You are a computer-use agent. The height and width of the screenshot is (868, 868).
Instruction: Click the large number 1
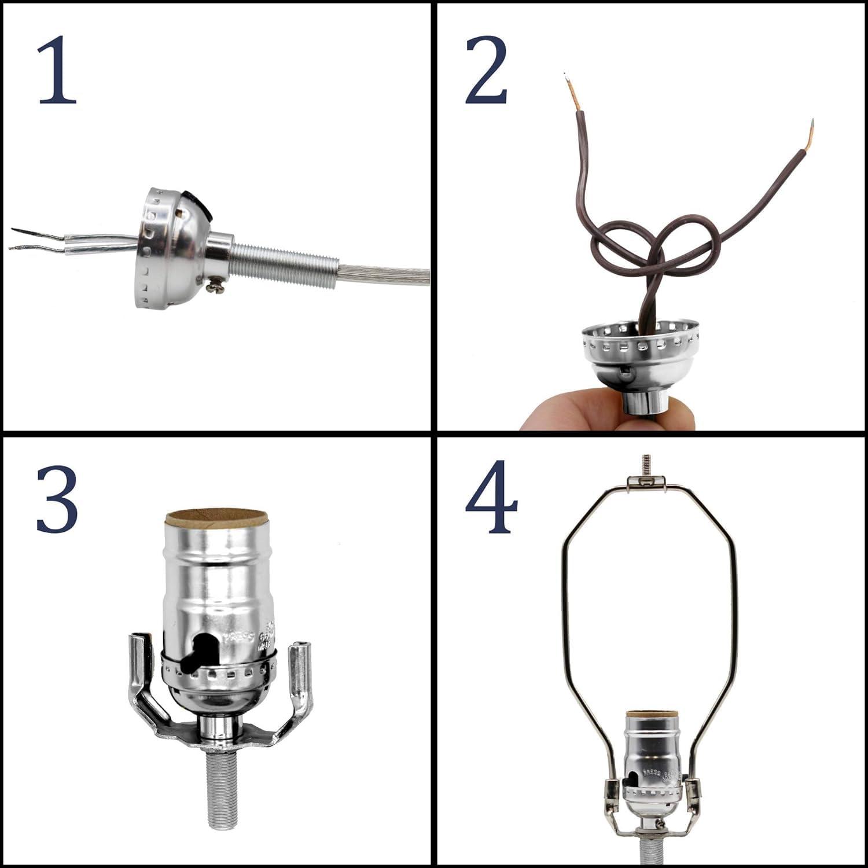[x=57, y=71]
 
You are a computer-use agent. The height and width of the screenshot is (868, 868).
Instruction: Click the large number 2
[x=486, y=71]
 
